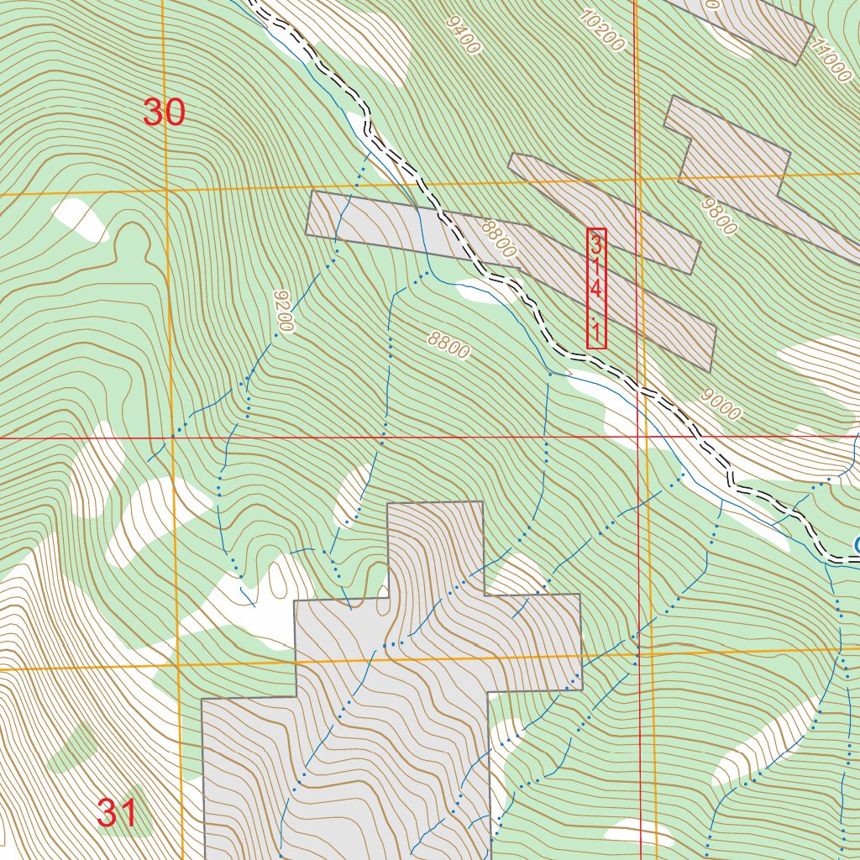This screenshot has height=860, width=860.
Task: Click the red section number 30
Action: pyautogui.click(x=164, y=112)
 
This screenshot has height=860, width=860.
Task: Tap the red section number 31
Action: pyautogui.click(x=117, y=813)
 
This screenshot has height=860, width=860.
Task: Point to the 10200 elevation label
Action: pyautogui.click(x=602, y=30)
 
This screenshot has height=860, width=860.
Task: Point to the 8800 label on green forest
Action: pyautogui.click(x=448, y=343)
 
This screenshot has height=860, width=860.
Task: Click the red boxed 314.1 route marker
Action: pyautogui.click(x=596, y=288)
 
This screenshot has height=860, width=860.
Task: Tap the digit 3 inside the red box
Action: pyautogui.click(x=596, y=245)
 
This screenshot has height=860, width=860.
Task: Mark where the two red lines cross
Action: pyautogui.click(x=639, y=437)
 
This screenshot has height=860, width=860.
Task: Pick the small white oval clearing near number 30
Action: pyautogui.click(x=81, y=219)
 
